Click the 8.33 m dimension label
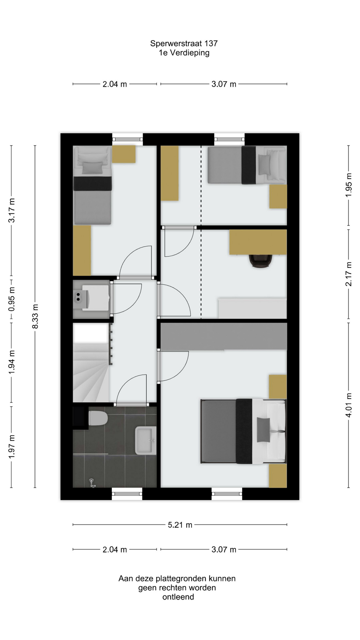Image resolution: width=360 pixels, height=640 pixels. (x=35, y=316)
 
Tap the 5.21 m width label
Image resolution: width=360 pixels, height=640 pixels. (x=180, y=525)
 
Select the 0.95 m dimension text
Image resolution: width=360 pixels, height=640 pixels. (x=11, y=299)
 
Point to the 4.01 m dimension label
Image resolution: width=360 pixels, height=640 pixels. (x=349, y=405)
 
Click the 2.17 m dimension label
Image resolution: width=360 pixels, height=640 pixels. (x=349, y=274)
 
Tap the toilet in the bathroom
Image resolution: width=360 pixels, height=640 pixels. (x=98, y=418)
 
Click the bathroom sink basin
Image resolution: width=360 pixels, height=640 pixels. (x=146, y=441)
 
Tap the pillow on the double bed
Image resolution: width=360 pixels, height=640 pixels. (x=263, y=430)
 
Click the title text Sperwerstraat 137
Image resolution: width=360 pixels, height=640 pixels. (x=184, y=43)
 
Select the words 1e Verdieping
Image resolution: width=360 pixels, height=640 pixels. (x=184, y=53)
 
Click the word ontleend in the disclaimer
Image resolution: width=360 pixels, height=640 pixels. (x=178, y=597)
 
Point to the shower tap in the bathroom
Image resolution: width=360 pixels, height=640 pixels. (x=92, y=483)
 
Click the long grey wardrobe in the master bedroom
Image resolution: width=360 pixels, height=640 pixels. (x=224, y=336)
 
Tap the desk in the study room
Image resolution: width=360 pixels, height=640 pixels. (x=258, y=242)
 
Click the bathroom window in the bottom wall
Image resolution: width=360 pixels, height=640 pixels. (x=127, y=494)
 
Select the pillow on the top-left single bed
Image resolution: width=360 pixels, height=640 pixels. (x=93, y=168)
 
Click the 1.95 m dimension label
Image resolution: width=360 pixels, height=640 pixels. (x=349, y=185)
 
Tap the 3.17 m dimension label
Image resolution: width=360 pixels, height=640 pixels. (x=11, y=210)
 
